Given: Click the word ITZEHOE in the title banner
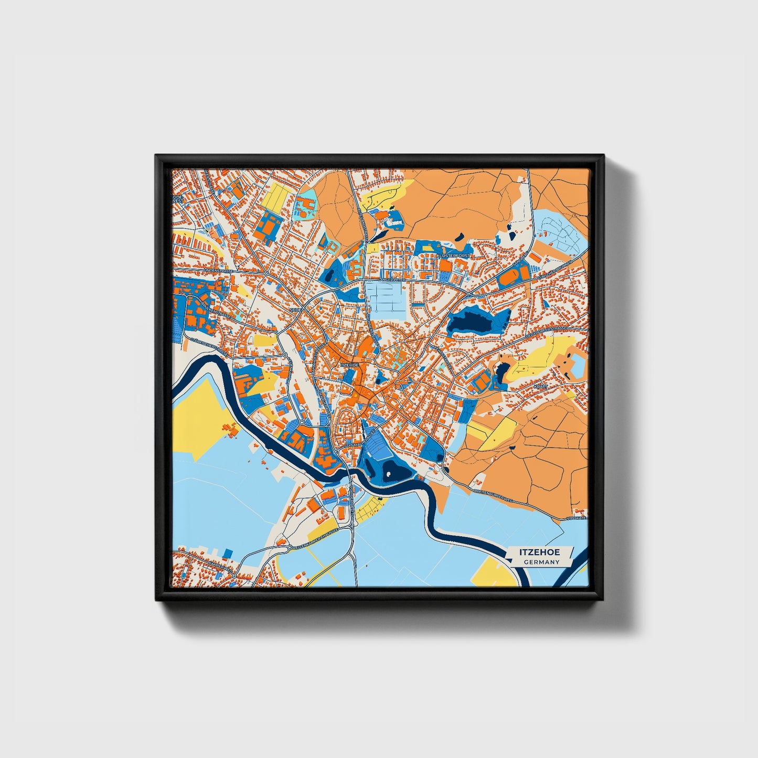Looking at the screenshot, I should (540, 552).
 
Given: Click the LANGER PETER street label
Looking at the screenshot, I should (386, 280).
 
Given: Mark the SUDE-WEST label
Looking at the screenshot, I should (177, 199).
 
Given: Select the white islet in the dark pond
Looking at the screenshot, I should (389, 474).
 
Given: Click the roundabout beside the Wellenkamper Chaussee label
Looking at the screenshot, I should (289, 548).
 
